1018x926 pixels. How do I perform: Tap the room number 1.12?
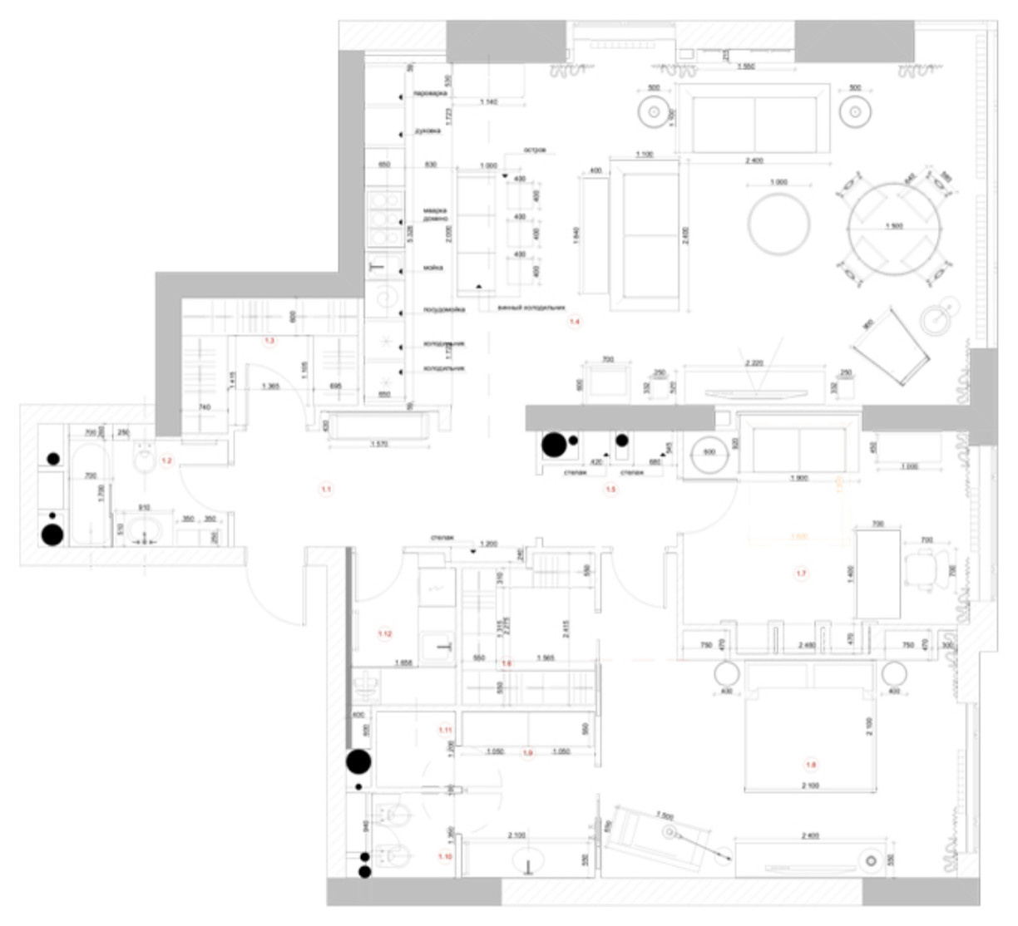click(385, 634)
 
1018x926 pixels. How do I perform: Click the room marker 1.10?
click(445, 855)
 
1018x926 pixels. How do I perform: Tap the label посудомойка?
click(444, 309)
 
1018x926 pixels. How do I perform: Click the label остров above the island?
click(534, 150)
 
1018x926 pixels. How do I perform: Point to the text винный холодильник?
click(531, 308)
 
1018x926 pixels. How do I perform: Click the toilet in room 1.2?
click(144, 456)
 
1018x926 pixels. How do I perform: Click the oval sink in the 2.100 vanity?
click(529, 861)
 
